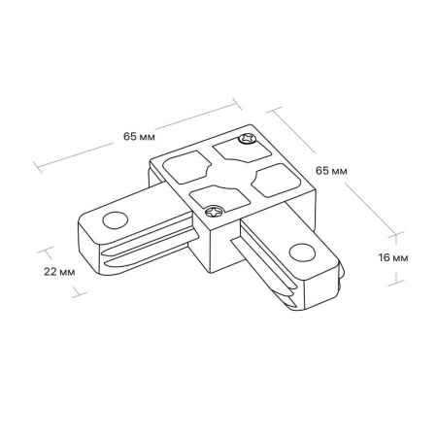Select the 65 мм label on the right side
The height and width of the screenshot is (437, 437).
coord(331,171)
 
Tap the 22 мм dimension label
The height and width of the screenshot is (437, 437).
coord(59,272)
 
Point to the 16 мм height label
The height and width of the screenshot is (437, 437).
coord(393,257)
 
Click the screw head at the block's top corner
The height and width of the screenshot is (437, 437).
coord(247,139)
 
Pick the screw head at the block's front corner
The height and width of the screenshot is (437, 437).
coord(215,212)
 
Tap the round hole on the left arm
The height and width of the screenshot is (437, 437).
coord(116,220)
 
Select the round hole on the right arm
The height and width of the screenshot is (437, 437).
coord(302,252)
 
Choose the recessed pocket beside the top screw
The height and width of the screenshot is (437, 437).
coord(241,150)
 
